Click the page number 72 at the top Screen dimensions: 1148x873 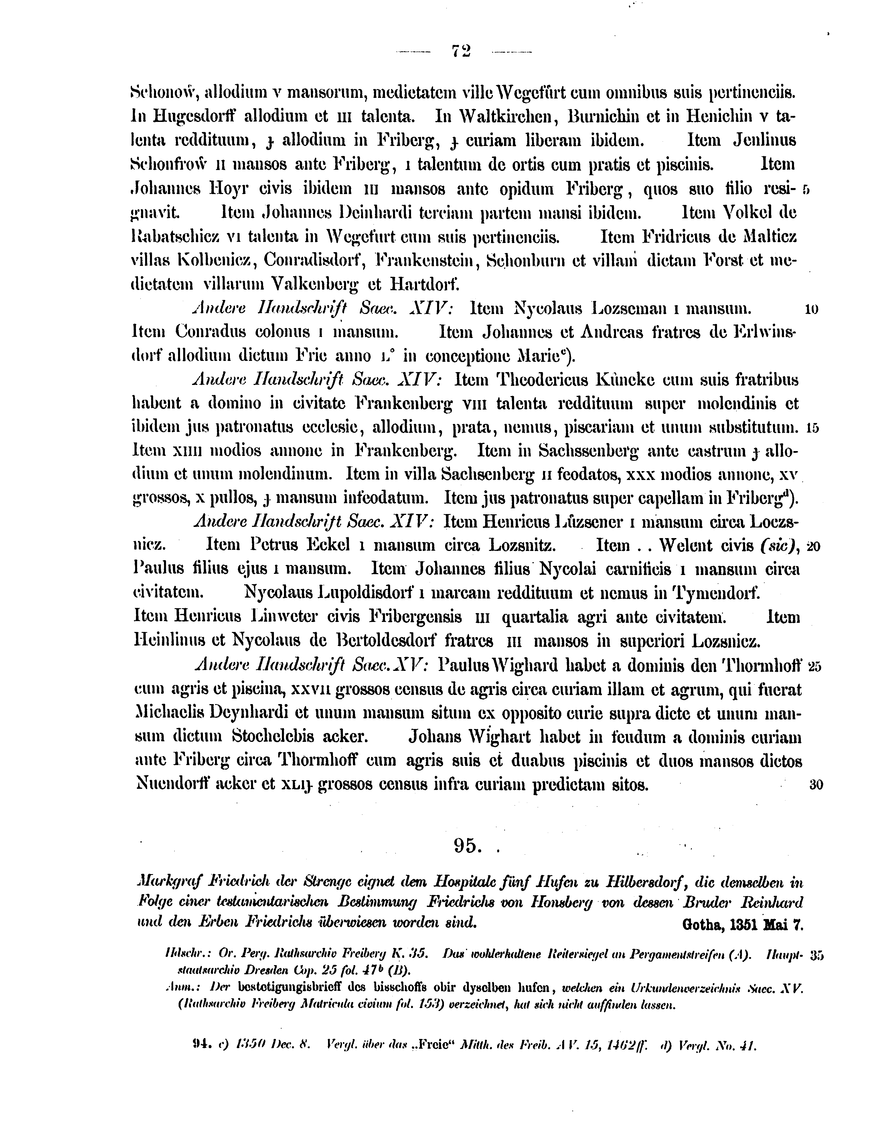(x=461, y=51)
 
